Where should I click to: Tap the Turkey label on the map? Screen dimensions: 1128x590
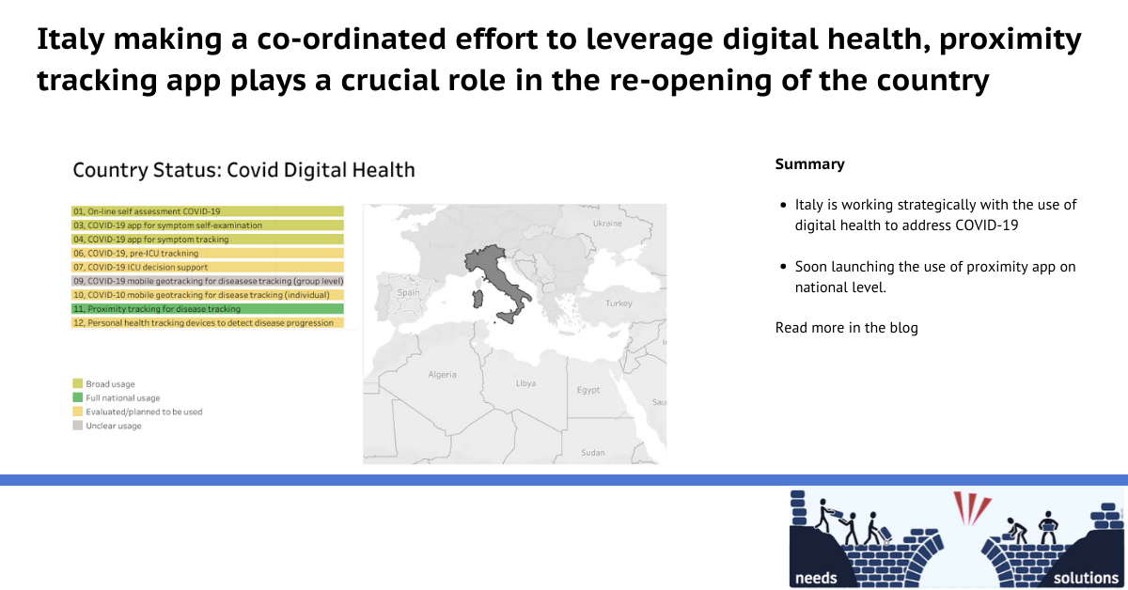619,303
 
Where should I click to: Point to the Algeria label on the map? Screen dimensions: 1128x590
442,375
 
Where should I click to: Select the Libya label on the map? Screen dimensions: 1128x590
525,383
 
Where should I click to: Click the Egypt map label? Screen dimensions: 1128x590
588,390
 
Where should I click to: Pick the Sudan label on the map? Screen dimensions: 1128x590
593,453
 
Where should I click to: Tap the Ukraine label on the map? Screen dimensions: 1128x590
607,223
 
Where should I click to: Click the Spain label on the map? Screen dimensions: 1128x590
408,292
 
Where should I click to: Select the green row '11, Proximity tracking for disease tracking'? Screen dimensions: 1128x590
208,308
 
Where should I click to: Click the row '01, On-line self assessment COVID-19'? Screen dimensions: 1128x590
208,211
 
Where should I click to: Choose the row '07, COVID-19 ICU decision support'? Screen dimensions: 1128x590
208,267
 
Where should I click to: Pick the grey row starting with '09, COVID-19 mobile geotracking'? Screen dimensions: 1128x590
208,281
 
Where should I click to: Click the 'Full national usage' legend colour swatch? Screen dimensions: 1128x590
77,397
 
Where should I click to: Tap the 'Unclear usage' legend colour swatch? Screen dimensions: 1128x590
77,426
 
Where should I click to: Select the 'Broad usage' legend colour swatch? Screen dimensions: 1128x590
77,383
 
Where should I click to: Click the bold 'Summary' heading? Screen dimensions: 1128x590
809,164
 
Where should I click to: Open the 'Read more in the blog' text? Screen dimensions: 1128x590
847,328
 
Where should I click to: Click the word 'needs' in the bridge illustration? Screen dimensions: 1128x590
816,578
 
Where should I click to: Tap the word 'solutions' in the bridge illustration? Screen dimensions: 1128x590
1086,578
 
